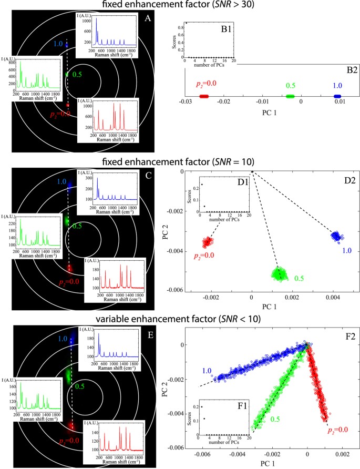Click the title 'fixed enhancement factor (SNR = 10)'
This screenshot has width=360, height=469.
point(180,162)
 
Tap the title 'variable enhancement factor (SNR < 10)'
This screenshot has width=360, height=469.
point(180,317)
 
